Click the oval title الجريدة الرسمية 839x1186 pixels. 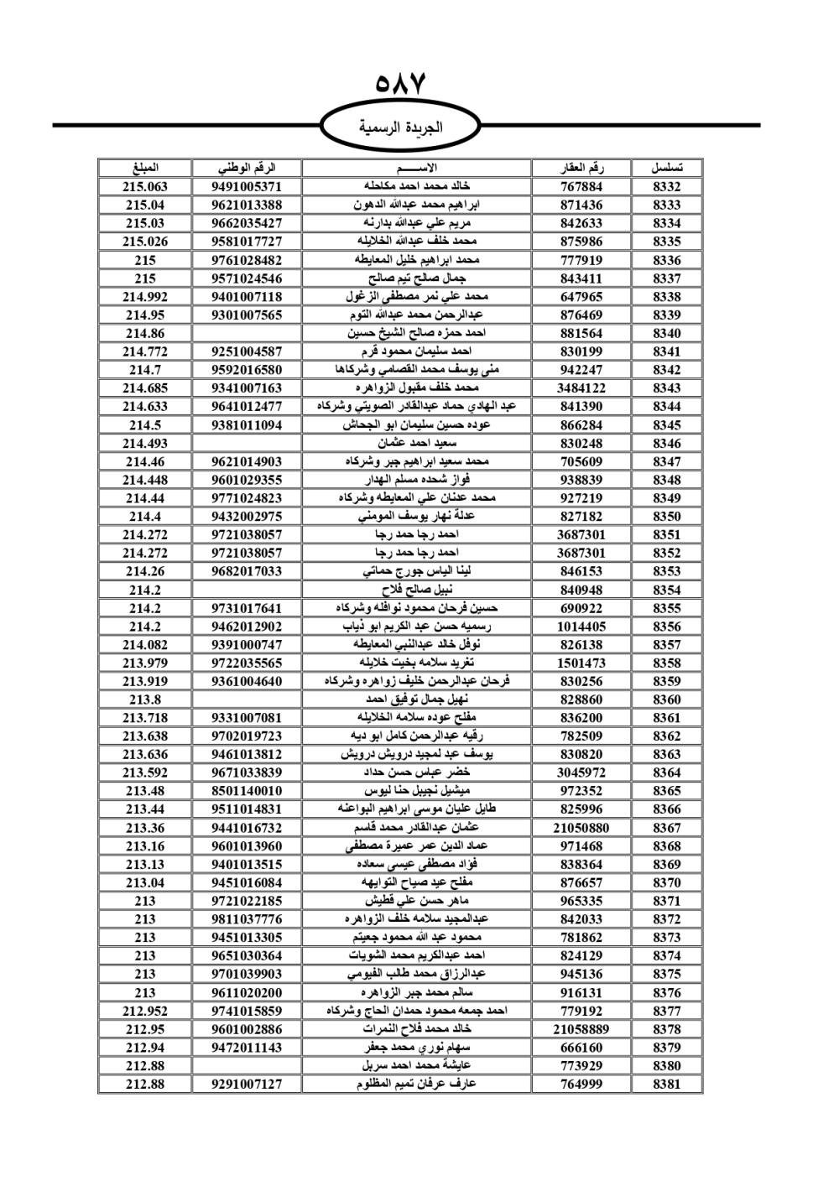[401, 127]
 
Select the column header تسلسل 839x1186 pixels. [666, 168]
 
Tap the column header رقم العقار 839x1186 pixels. [581, 168]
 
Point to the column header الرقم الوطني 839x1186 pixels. [247, 168]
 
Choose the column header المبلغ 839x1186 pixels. [145, 168]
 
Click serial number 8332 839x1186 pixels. [666, 187]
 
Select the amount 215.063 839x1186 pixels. [145, 187]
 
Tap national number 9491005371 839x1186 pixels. [247, 187]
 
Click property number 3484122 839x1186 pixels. [581, 388]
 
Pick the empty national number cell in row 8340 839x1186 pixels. [247, 333]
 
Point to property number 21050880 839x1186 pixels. [581, 828]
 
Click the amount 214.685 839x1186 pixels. [145, 388]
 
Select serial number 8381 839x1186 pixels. [666, 1084]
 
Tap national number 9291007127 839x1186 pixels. [247, 1084]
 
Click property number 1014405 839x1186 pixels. [581, 627]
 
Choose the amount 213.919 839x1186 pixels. [145, 681]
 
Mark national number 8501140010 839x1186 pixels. [247, 791]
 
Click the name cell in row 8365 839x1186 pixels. [417, 791]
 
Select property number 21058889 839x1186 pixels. [581, 1029]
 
